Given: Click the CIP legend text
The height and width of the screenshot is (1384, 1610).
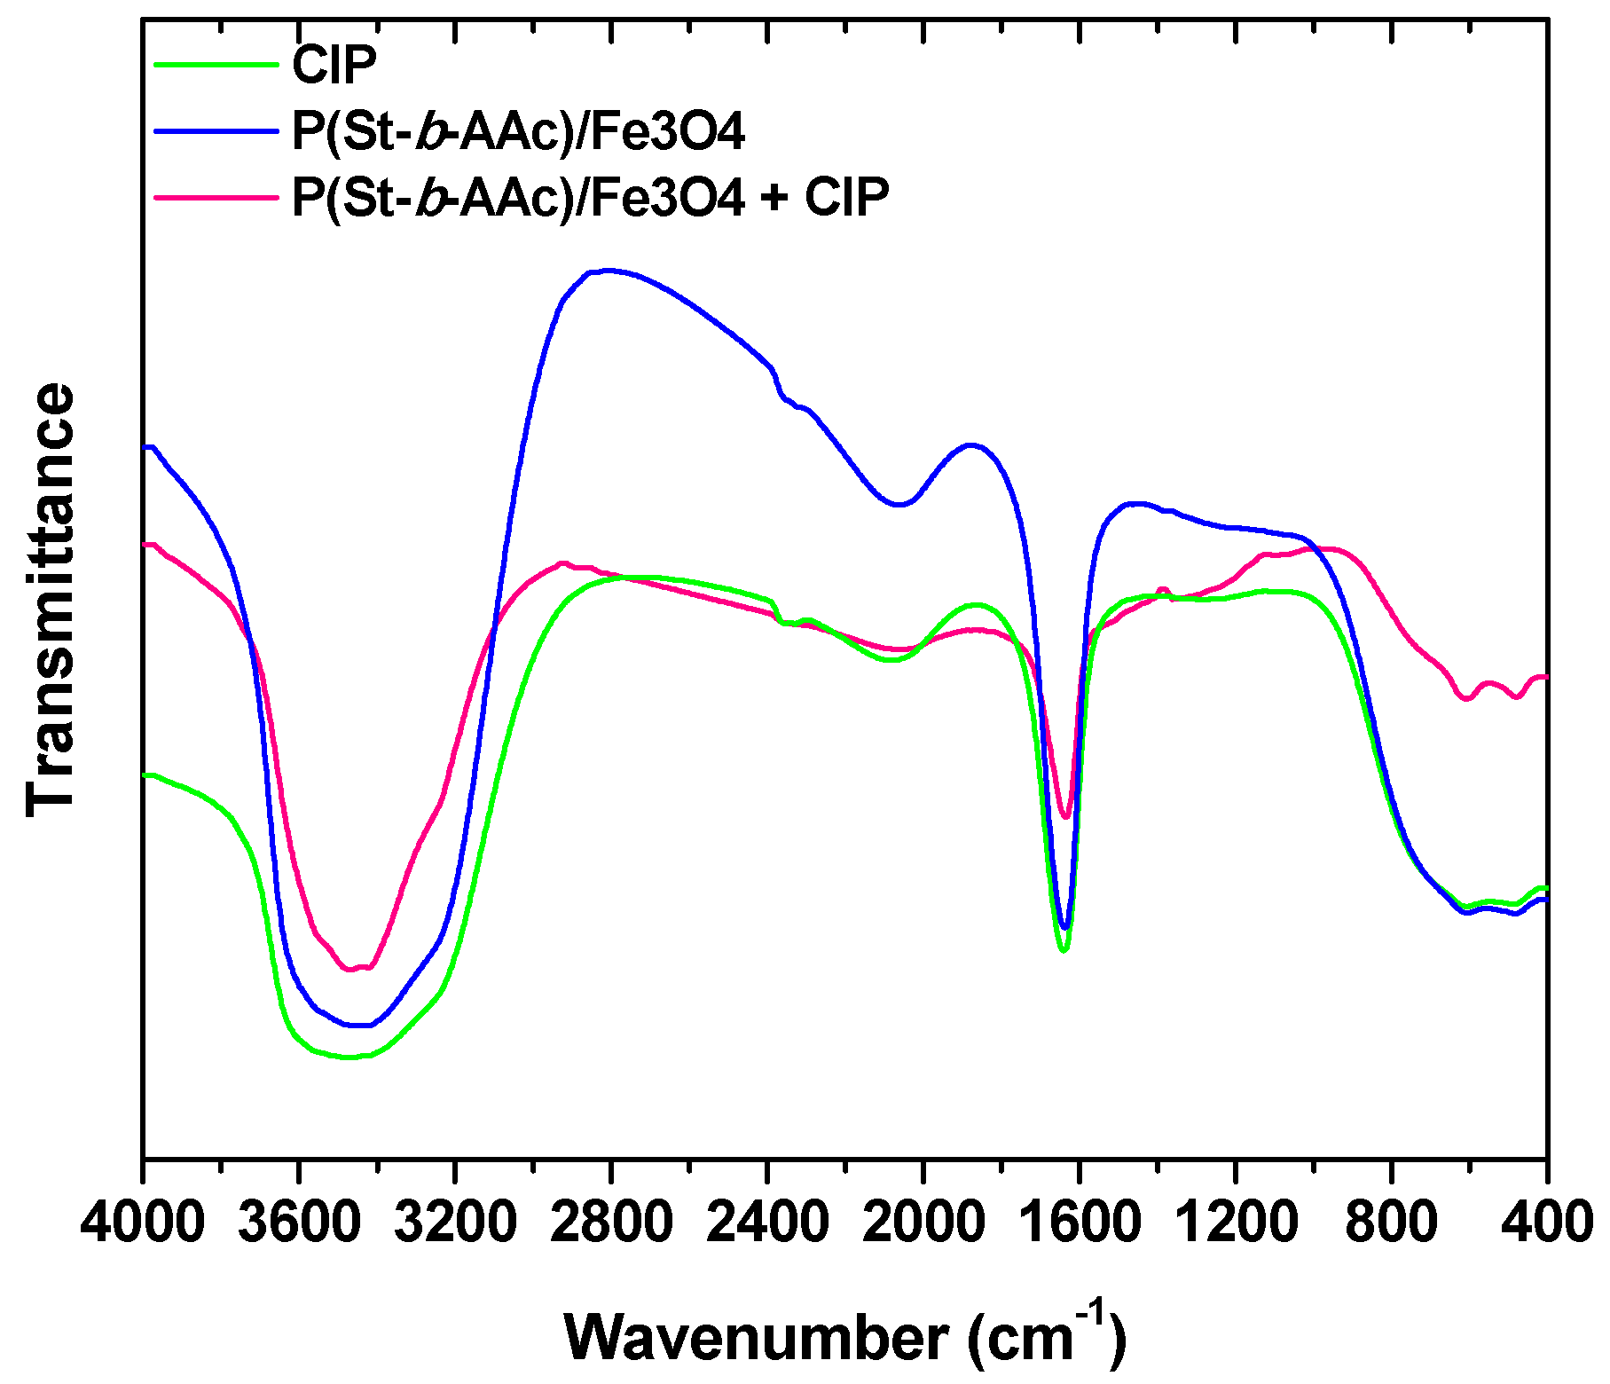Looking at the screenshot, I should tap(334, 64).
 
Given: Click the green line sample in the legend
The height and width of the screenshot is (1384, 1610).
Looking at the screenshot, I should tap(216, 64).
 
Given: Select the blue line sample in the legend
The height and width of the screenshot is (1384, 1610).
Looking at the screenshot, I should tap(216, 130).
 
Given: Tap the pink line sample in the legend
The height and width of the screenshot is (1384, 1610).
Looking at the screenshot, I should tap(216, 197).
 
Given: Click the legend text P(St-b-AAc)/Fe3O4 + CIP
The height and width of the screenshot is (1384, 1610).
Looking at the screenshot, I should tap(590, 197).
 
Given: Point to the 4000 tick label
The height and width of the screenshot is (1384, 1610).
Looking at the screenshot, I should tap(142, 1223).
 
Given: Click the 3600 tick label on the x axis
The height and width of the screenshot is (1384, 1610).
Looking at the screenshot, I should tap(299, 1223).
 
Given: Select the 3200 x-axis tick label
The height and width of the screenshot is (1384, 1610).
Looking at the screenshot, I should tap(455, 1223).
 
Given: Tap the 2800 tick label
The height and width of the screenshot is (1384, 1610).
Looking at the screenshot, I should tap(611, 1223).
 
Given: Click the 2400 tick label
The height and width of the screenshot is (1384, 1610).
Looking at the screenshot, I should tap(767, 1223).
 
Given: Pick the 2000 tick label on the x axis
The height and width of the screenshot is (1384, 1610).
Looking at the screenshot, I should tap(923, 1223).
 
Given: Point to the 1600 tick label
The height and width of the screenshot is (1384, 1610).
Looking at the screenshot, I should tap(1080, 1223).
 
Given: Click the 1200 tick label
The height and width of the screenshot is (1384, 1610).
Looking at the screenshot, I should tap(1236, 1223).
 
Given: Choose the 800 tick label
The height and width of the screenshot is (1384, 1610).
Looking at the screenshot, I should tap(1392, 1223).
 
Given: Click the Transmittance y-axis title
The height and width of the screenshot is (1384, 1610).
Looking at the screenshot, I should tap(51, 600).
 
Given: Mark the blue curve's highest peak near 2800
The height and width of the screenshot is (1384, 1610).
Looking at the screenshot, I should tap(608, 270).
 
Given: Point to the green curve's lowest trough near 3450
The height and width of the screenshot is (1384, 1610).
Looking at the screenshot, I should tap(350, 1058).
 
